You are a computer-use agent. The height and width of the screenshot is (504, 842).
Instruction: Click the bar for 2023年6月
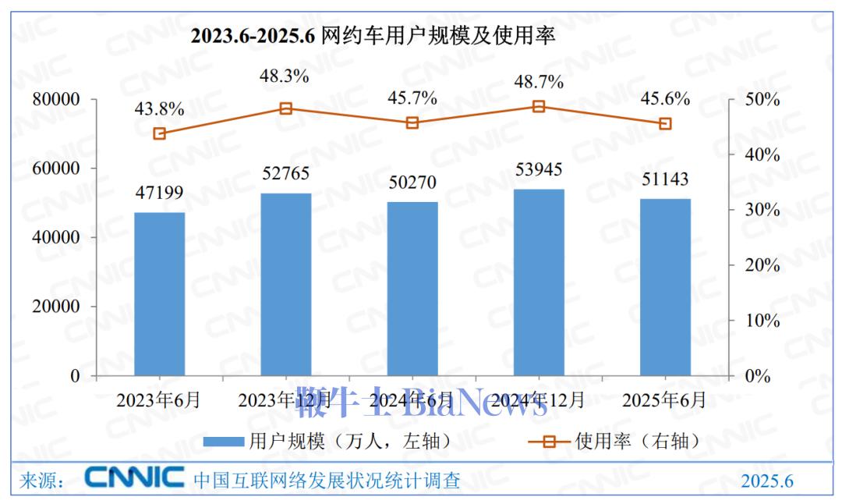159,294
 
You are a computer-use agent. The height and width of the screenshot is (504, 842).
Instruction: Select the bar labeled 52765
285,285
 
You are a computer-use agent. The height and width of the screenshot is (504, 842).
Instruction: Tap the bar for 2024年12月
538,282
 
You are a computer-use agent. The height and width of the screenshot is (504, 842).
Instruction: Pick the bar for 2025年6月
665,287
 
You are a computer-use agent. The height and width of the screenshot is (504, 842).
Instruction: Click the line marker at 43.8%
159,133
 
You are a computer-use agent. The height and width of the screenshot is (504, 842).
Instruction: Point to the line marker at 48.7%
538,106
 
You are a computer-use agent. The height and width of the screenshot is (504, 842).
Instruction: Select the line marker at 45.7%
412,122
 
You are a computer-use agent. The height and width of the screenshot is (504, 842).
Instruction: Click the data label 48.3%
285,76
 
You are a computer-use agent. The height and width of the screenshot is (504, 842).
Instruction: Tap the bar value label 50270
412,183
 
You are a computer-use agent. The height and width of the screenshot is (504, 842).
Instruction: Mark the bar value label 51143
664,179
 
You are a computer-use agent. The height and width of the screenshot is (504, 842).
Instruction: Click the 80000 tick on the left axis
57,100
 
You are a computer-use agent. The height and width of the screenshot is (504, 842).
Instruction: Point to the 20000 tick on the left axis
57,307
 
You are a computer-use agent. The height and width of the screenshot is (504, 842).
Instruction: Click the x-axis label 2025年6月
664,400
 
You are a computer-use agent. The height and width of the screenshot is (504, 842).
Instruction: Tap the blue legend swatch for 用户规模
225,442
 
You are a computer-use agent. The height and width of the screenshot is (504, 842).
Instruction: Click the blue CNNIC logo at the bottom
134,477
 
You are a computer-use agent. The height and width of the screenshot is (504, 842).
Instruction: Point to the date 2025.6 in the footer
767,481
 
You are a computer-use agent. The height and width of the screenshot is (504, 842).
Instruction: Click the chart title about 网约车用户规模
373,37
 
